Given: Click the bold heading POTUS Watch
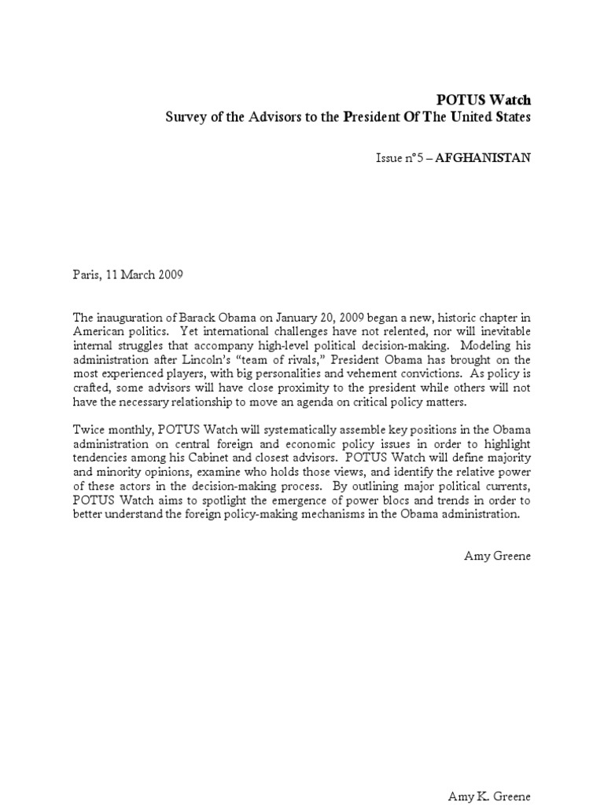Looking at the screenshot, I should click(x=495, y=100).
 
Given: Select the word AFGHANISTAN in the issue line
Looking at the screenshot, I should click(x=493, y=157).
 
